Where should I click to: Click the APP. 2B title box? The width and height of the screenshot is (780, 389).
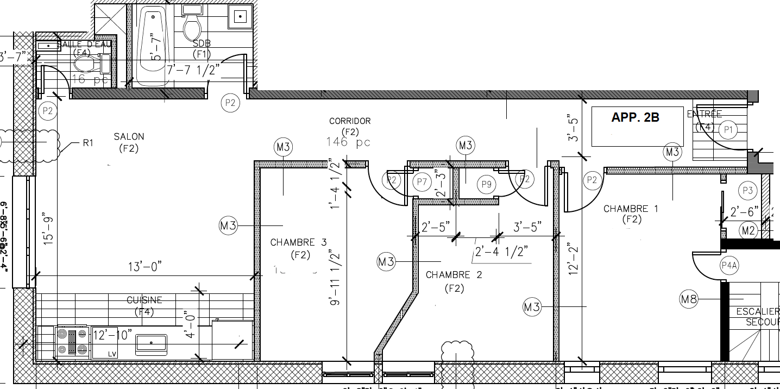(x=637, y=126)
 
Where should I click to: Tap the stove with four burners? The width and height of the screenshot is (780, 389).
(x=72, y=342)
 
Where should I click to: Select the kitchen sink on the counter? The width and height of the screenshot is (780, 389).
(x=151, y=343)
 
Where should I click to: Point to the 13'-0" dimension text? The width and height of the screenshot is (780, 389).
(x=144, y=267)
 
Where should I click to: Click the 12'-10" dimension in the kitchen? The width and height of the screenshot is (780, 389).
(x=112, y=335)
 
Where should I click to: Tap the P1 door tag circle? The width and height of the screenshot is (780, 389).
(x=728, y=130)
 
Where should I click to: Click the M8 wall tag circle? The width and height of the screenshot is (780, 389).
(x=689, y=298)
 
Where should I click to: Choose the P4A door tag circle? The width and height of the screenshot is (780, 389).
(x=729, y=266)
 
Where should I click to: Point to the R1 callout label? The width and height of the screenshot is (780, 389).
(x=89, y=143)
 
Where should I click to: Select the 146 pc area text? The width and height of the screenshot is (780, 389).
(x=348, y=142)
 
